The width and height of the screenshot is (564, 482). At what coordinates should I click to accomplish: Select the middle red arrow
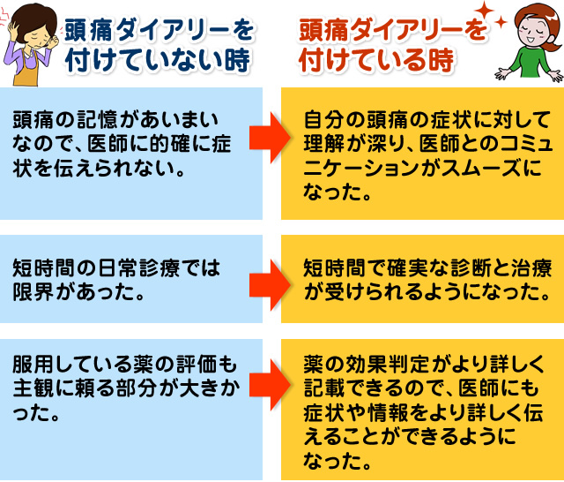pos(270,281)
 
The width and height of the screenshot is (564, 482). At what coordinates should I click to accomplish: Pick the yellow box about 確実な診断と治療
pos(422,280)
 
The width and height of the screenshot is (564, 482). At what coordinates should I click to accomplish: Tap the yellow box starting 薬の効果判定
pos(422,411)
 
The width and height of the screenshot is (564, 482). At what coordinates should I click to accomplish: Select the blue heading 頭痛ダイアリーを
pos(160,32)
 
